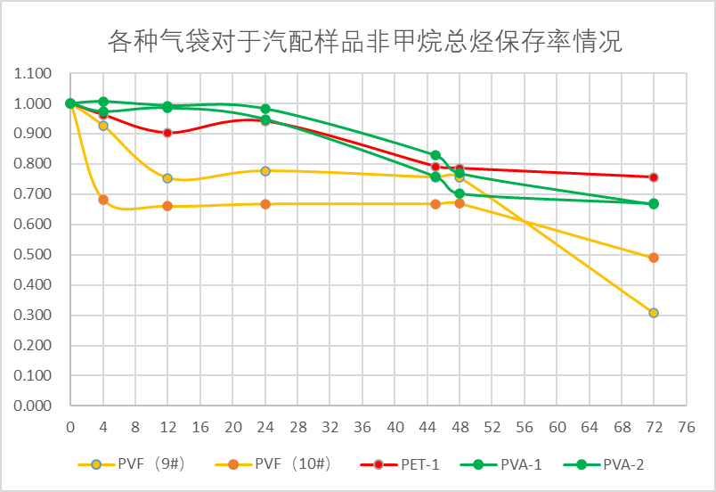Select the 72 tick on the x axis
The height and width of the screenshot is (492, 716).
click(654, 426)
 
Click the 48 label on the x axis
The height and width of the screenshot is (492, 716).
click(460, 426)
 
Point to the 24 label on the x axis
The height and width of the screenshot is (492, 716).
click(265, 426)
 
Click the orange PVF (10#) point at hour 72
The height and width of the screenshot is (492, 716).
click(654, 258)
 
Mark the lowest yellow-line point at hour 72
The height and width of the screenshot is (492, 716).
click(654, 313)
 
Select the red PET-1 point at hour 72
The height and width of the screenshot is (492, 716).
click(654, 177)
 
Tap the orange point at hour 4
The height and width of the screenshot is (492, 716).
click(103, 200)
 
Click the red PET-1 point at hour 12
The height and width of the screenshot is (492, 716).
click(167, 133)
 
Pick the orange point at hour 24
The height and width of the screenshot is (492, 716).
click(265, 204)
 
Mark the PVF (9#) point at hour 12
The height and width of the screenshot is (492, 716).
click(167, 178)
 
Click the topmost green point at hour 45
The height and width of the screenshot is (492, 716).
click(435, 155)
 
